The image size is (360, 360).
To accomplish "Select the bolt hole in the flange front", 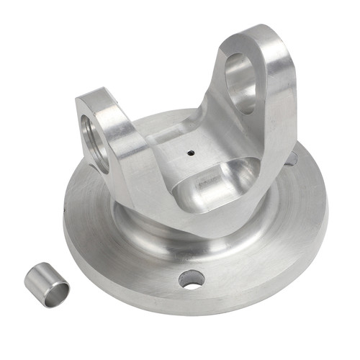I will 192,279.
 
